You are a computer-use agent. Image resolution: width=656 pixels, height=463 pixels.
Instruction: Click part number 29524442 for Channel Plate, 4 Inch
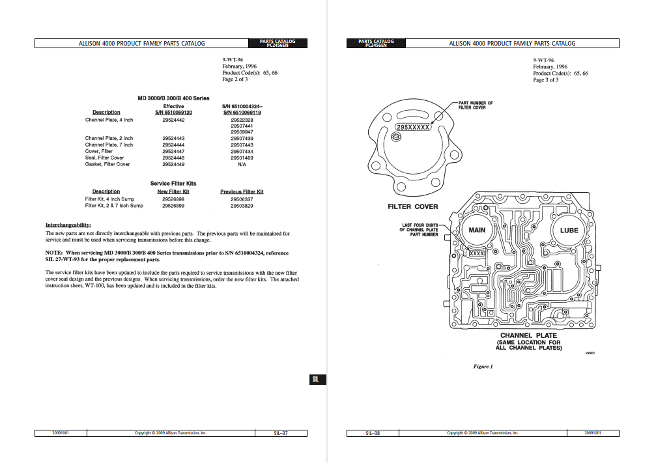click(173, 120)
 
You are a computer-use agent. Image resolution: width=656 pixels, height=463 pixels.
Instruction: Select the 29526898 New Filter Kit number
click(173, 199)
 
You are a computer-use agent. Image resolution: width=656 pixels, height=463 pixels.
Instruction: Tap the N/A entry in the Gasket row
click(242, 164)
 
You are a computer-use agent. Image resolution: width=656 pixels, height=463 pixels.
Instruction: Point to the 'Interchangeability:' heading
click(68, 225)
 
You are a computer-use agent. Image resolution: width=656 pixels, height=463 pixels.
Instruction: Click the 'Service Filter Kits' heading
click(173, 184)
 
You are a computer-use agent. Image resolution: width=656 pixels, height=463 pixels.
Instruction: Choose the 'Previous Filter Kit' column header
click(242, 191)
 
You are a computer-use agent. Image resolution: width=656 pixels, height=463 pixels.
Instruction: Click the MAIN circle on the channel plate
click(478, 230)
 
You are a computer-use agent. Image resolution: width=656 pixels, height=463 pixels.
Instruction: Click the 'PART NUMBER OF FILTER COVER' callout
click(476, 105)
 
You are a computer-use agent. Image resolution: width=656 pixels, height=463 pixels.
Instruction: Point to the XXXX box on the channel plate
click(477, 253)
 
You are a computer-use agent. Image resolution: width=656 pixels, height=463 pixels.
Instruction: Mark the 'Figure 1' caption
click(483, 367)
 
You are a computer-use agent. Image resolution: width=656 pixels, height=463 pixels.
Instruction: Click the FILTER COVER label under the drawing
click(413, 207)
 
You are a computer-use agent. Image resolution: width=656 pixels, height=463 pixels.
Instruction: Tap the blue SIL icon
click(315, 380)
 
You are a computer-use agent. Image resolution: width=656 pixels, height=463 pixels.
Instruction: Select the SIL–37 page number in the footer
click(281, 433)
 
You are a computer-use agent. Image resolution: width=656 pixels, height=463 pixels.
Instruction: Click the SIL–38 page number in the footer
click(373, 433)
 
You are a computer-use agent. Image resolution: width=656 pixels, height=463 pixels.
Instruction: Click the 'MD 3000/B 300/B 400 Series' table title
click(173, 98)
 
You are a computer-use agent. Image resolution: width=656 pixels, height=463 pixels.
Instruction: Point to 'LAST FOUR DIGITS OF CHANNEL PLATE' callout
click(420, 230)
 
